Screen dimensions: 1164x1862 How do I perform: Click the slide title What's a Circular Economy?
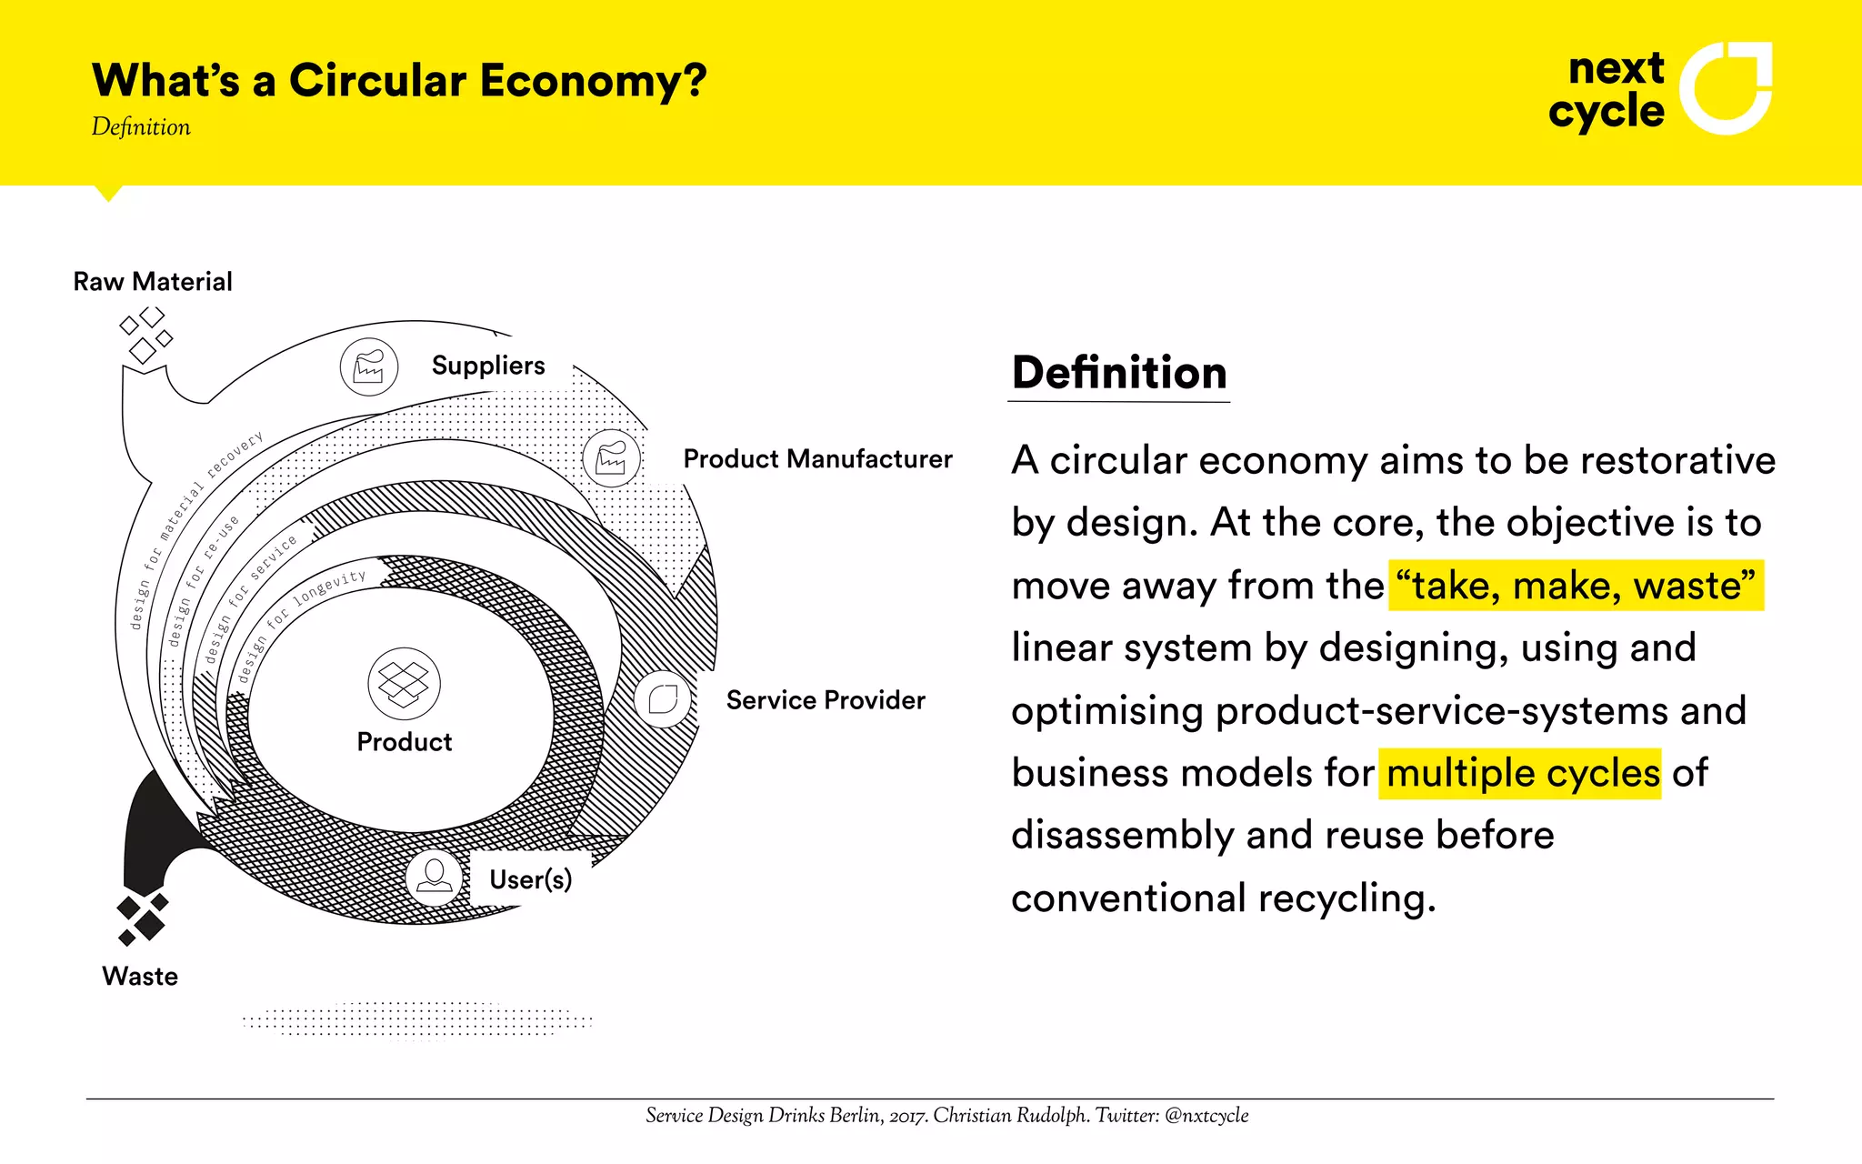(x=398, y=81)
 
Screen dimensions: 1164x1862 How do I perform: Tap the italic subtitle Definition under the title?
(x=141, y=127)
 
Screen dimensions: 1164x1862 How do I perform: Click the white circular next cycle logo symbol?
(x=1724, y=88)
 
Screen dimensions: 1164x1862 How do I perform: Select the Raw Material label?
(x=153, y=282)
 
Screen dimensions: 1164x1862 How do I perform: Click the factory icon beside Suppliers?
(x=368, y=367)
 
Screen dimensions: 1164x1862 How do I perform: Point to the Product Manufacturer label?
(x=817, y=459)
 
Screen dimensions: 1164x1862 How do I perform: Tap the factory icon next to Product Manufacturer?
(x=611, y=458)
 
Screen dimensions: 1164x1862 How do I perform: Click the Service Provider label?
(x=825, y=700)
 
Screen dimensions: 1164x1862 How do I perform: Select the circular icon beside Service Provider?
(x=664, y=699)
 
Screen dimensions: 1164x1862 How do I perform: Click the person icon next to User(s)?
(x=434, y=878)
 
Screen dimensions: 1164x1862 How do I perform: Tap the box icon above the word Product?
(x=404, y=684)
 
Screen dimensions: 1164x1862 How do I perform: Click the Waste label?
(x=140, y=977)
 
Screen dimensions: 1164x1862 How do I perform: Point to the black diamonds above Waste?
(x=143, y=918)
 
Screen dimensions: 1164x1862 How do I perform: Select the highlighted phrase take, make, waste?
(x=1575, y=586)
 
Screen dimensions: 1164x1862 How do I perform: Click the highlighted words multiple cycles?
(x=1520, y=774)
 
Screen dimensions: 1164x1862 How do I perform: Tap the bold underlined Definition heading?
(x=1119, y=374)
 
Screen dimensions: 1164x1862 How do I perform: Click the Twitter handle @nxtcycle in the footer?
(x=1206, y=1116)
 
